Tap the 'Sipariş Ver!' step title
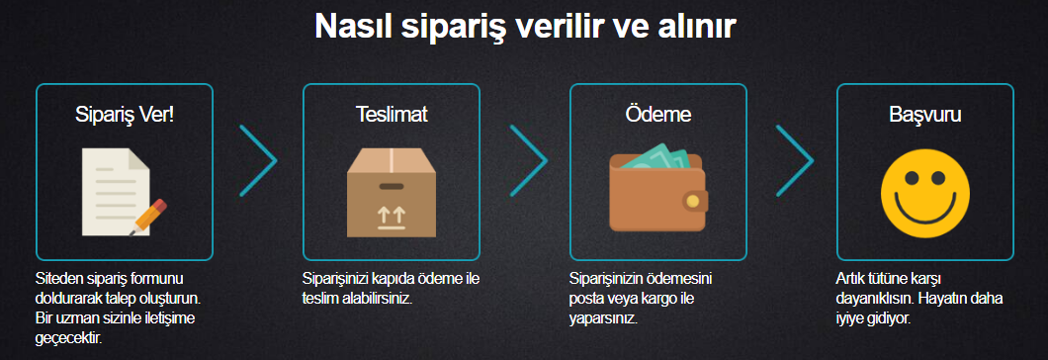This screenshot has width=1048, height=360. tap(125, 114)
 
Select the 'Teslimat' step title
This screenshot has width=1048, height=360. tap(392, 114)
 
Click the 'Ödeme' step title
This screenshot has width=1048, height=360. tap(658, 114)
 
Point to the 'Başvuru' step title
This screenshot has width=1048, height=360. tap(925, 114)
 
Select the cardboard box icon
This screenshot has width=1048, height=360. tap(392, 192)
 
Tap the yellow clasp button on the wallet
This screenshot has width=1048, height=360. tap(692, 202)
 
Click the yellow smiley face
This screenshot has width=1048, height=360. tap(924, 192)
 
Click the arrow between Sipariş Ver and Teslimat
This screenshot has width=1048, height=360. tap(257, 159)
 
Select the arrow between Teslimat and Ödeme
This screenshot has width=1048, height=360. tap(526, 159)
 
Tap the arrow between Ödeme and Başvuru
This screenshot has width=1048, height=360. tap(793, 159)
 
